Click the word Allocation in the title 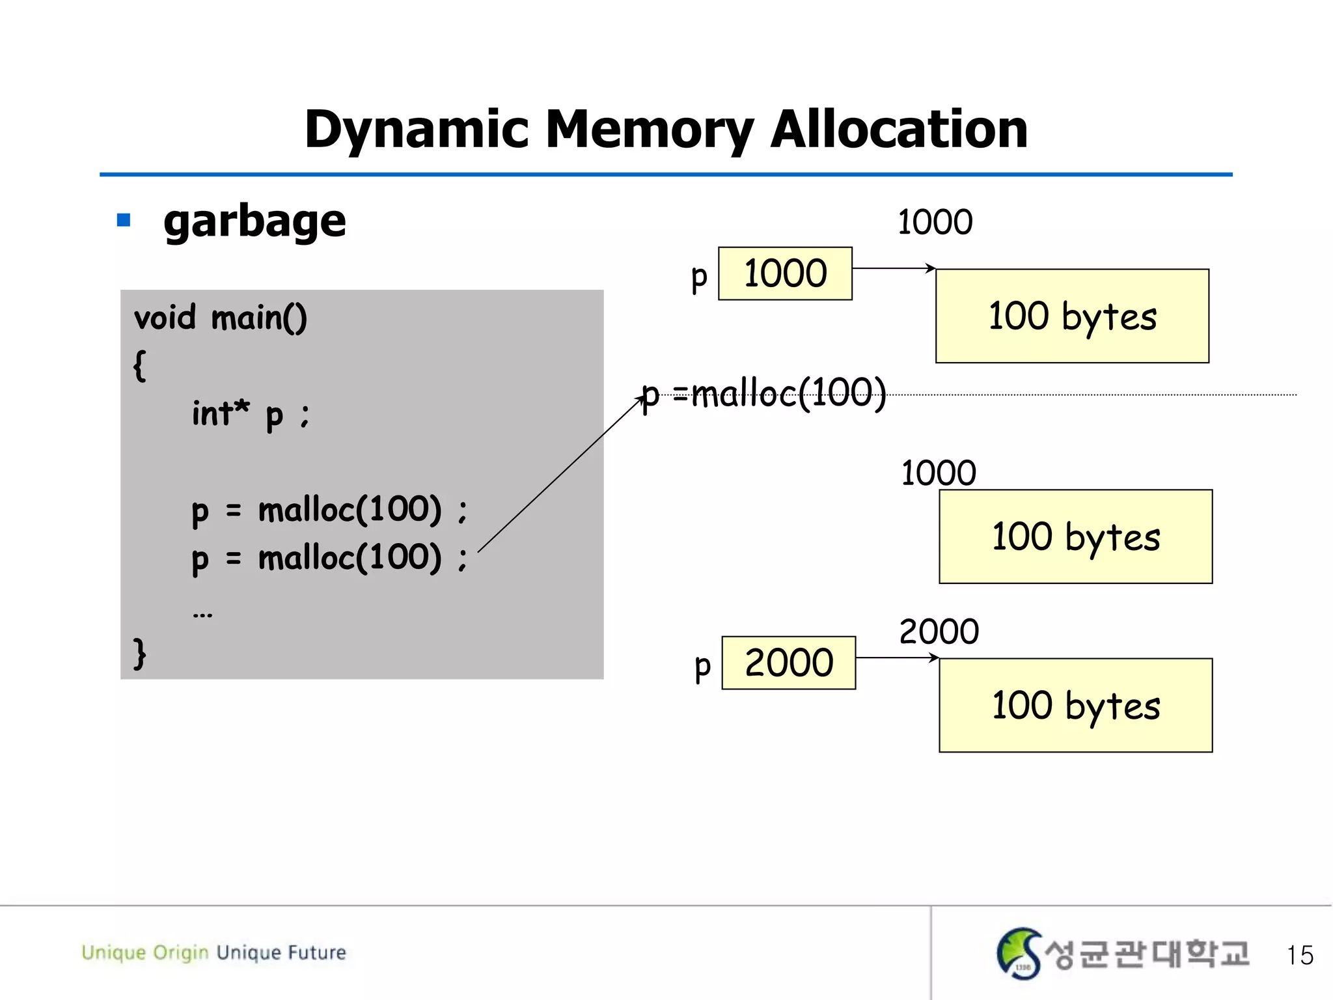898,130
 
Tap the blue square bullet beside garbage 124,220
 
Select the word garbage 254,221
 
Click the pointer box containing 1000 785,273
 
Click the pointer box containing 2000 789,663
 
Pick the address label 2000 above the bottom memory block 939,632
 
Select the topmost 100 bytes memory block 1072,316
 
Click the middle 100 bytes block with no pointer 1075,536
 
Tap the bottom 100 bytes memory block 1075,705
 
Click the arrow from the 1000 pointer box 893,268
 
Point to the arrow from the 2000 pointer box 897,658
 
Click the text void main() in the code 220,318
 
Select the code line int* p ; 251,414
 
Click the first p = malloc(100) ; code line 329,510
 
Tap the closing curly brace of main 139,653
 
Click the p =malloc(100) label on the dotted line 764,393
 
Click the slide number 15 1299,955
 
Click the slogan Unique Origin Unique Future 213,952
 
